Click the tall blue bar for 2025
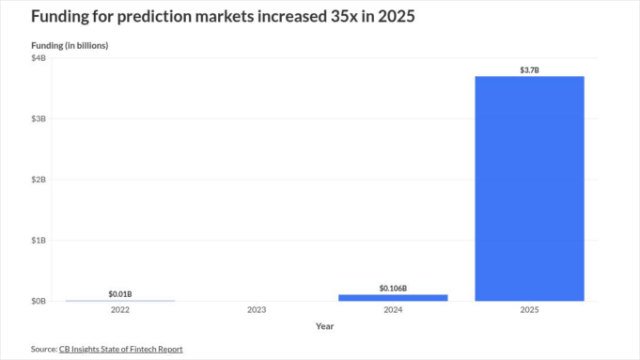click(x=529, y=188)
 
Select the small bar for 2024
click(x=393, y=297)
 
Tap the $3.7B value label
click(x=529, y=70)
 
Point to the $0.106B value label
click(x=393, y=288)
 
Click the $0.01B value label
click(x=120, y=293)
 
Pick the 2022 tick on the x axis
click(x=120, y=309)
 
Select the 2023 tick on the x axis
click(x=257, y=309)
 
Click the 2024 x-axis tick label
click(x=393, y=309)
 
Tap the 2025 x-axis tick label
click(x=529, y=309)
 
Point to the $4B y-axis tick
click(x=39, y=58)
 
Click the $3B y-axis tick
click(x=39, y=118)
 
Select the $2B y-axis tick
click(x=39, y=180)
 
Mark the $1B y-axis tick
click(x=39, y=241)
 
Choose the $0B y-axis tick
click(x=39, y=301)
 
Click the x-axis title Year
click(x=324, y=326)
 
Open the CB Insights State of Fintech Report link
click(x=121, y=349)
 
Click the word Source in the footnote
click(x=43, y=349)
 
